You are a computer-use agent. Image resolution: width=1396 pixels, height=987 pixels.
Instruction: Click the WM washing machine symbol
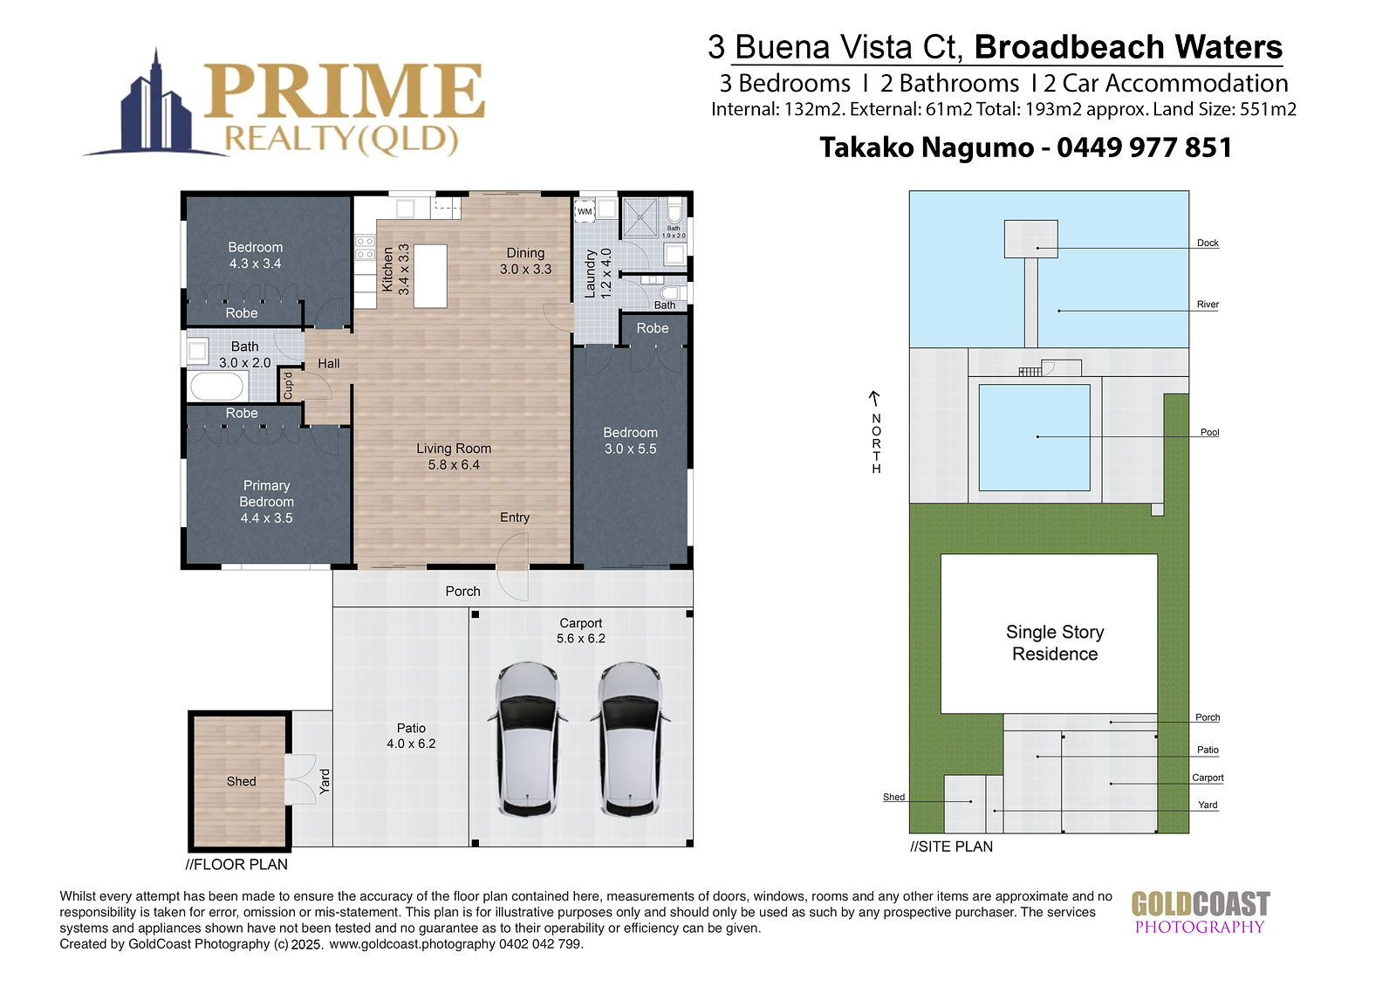coord(585,210)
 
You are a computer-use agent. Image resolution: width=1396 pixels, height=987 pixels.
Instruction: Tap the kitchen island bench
coord(430,276)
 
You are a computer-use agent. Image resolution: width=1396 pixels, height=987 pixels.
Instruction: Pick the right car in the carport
coord(629,739)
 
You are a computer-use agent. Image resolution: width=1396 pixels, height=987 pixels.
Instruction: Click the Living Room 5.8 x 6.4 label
coord(454,456)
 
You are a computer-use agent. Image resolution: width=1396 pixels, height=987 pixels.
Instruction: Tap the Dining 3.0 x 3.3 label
coord(525,261)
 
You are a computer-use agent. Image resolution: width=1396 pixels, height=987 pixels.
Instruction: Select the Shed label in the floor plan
coord(241,781)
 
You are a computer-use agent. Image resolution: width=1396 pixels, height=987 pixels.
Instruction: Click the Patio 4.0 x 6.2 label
coord(411,736)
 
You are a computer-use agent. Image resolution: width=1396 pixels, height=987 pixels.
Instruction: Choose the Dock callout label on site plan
coord(1208,243)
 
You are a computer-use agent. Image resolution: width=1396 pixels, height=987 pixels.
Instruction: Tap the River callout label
coord(1208,305)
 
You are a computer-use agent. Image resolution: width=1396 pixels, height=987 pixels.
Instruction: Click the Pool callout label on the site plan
coord(1209,432)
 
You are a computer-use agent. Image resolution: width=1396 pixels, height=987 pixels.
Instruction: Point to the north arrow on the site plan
coord(875,398)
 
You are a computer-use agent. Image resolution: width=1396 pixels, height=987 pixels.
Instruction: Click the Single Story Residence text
coord(1055,643)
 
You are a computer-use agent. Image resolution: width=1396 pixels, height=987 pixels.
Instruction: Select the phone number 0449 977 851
coord(1144,147)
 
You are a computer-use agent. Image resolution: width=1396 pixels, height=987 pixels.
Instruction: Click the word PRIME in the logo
coord(344,91)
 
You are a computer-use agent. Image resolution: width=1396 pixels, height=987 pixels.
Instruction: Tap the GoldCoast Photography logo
coord(1201,912)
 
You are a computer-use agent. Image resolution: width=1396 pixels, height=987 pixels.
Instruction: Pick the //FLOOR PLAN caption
coord(236,864)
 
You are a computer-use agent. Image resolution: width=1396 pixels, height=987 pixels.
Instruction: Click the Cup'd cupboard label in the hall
coord(287,386)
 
